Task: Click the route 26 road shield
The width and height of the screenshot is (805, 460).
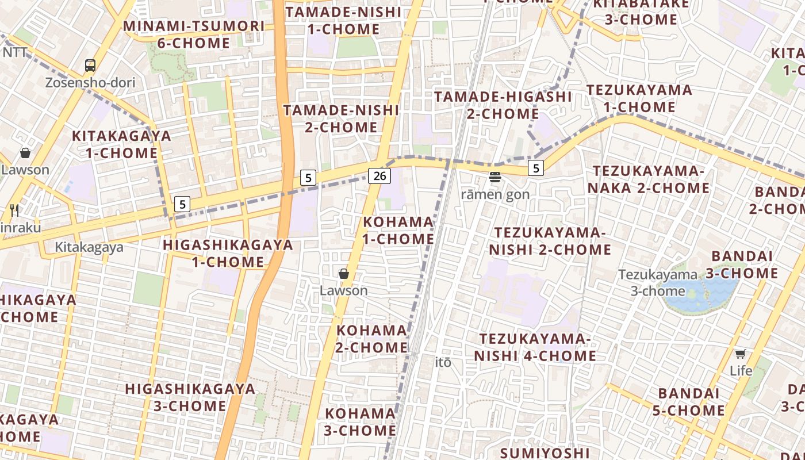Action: (x=379, y=176)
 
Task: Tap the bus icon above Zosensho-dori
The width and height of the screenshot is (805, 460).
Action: (x=90, y=66)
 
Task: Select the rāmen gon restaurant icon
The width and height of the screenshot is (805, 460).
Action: (x=495, y=177)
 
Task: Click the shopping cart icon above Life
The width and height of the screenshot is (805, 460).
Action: (x=741, y=354)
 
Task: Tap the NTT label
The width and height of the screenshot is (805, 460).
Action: (x=15, y=52)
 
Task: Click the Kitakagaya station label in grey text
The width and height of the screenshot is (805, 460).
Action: (x=89, y=247)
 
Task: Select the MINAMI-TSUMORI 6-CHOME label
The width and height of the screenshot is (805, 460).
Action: (x=194, y=34)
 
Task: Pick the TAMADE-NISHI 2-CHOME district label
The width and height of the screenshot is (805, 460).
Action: (x=341, y=118)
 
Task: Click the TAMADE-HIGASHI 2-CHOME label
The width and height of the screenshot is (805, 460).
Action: (x=503, y=105)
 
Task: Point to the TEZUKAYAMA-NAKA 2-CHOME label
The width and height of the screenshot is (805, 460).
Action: (x=651, y=179)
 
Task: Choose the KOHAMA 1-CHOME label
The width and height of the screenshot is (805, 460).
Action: (x=398, y=230)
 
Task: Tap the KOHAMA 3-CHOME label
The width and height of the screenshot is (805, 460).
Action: (x=361, y=421)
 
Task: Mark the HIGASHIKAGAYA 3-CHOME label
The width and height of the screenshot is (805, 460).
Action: (x=190, y=397)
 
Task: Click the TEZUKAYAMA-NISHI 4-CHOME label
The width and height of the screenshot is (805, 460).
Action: (x=535, y=347)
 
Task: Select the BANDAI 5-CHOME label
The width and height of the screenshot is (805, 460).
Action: (x=688, y=402)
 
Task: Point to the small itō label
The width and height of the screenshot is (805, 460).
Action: (x=443, y=362)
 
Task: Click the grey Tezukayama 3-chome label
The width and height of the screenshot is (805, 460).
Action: (x=658, y=283)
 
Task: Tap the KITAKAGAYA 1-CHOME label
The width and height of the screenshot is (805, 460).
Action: (x=122, y=144)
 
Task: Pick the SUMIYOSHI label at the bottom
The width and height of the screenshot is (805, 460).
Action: (x=545, y=453)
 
